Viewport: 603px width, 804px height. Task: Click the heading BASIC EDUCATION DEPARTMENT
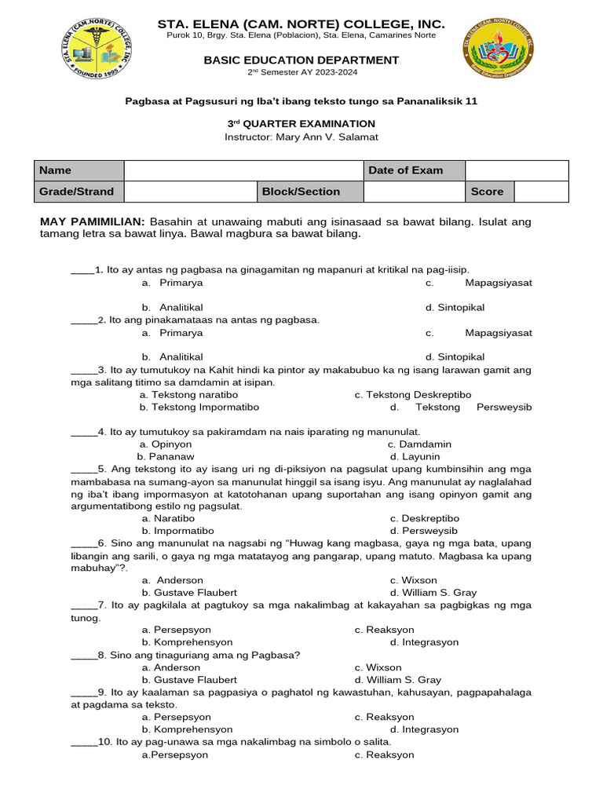[x=301, y=60]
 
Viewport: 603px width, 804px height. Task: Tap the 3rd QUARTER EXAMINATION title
[x=301, y=123]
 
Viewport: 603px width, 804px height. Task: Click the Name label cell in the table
[x=79, y=170]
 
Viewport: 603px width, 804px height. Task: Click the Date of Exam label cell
[x=414, y=170]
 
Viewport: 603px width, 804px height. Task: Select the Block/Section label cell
[x=311, y=192]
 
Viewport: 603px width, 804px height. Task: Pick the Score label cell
[x=489, y=192]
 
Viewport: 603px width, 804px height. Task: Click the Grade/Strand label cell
[x=79, y=192]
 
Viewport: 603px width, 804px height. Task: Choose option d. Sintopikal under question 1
[x=455, y=307]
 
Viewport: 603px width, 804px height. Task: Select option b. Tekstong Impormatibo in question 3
[x=199, y=407]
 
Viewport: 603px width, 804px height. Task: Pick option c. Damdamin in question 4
[x=424, y=444]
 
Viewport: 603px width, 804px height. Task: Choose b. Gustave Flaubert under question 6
[x=189, y=593]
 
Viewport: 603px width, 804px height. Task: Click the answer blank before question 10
[x=83, y=742]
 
